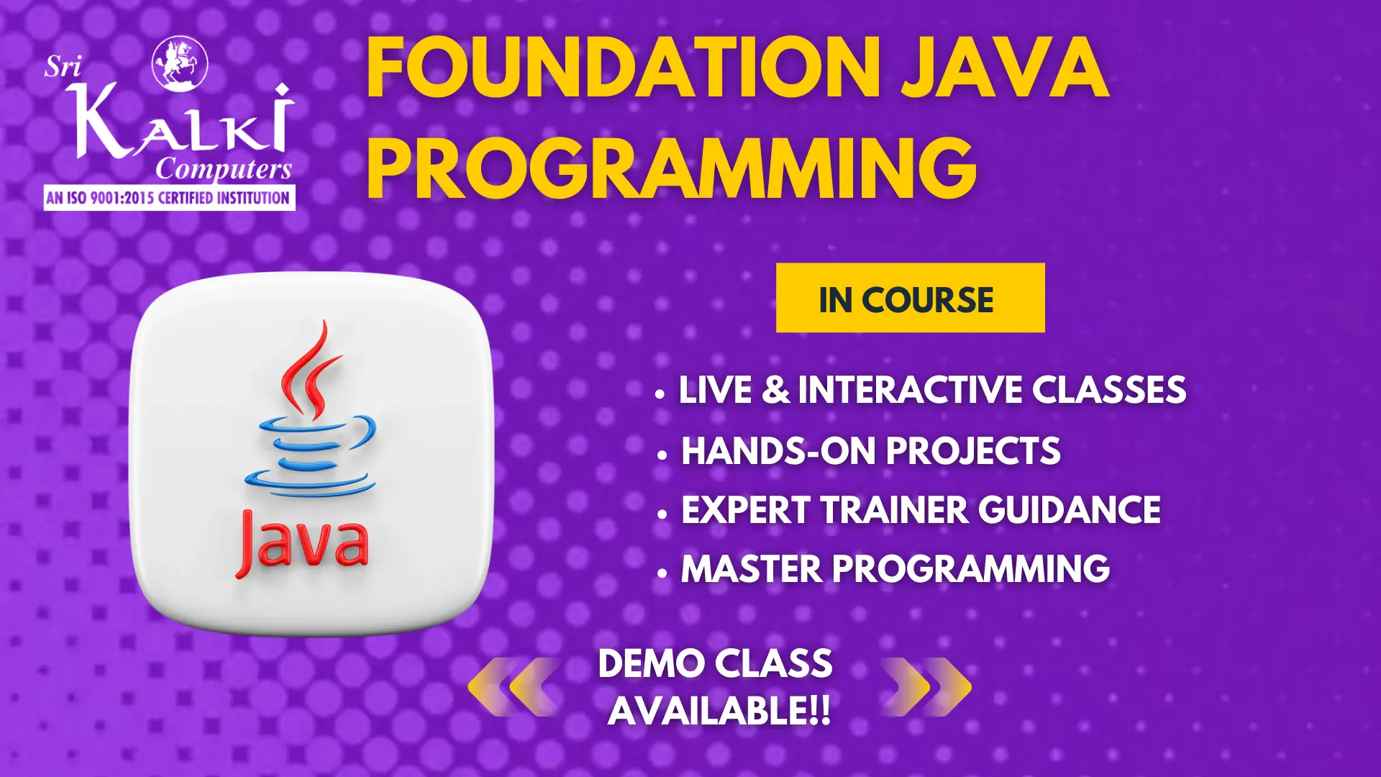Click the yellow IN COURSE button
(x=910, y=298)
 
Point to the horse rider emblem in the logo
(x=180, y=63)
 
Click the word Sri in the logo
(x=63, y=67)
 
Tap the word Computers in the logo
(x=224, y=170)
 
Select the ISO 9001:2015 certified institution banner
(x=169, y=198)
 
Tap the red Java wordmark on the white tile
(x=302, y=544)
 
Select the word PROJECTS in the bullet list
(x=973, y=451)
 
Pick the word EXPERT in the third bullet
(x=746, y=510)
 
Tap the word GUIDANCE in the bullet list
(x=1069, y=510)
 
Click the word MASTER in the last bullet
(x=751, y=569)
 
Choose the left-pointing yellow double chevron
(x=514, y=687)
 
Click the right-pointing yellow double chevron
(x=926, y=687)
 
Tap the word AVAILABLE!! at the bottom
(x=719, y=711)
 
